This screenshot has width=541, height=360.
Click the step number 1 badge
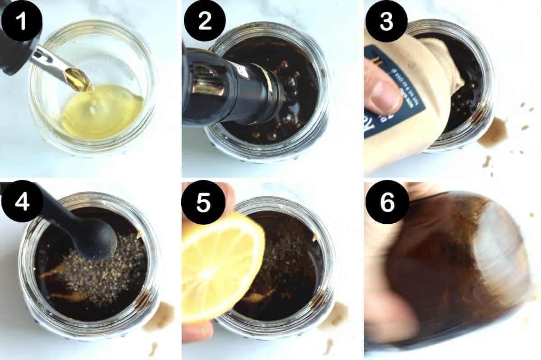pos(21,20)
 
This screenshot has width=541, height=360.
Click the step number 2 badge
pos(205,20)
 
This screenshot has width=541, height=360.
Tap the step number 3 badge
pos(386,20)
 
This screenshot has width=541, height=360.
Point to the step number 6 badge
pos(386,203)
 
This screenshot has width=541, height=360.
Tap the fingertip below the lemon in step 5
pos(198,332)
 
